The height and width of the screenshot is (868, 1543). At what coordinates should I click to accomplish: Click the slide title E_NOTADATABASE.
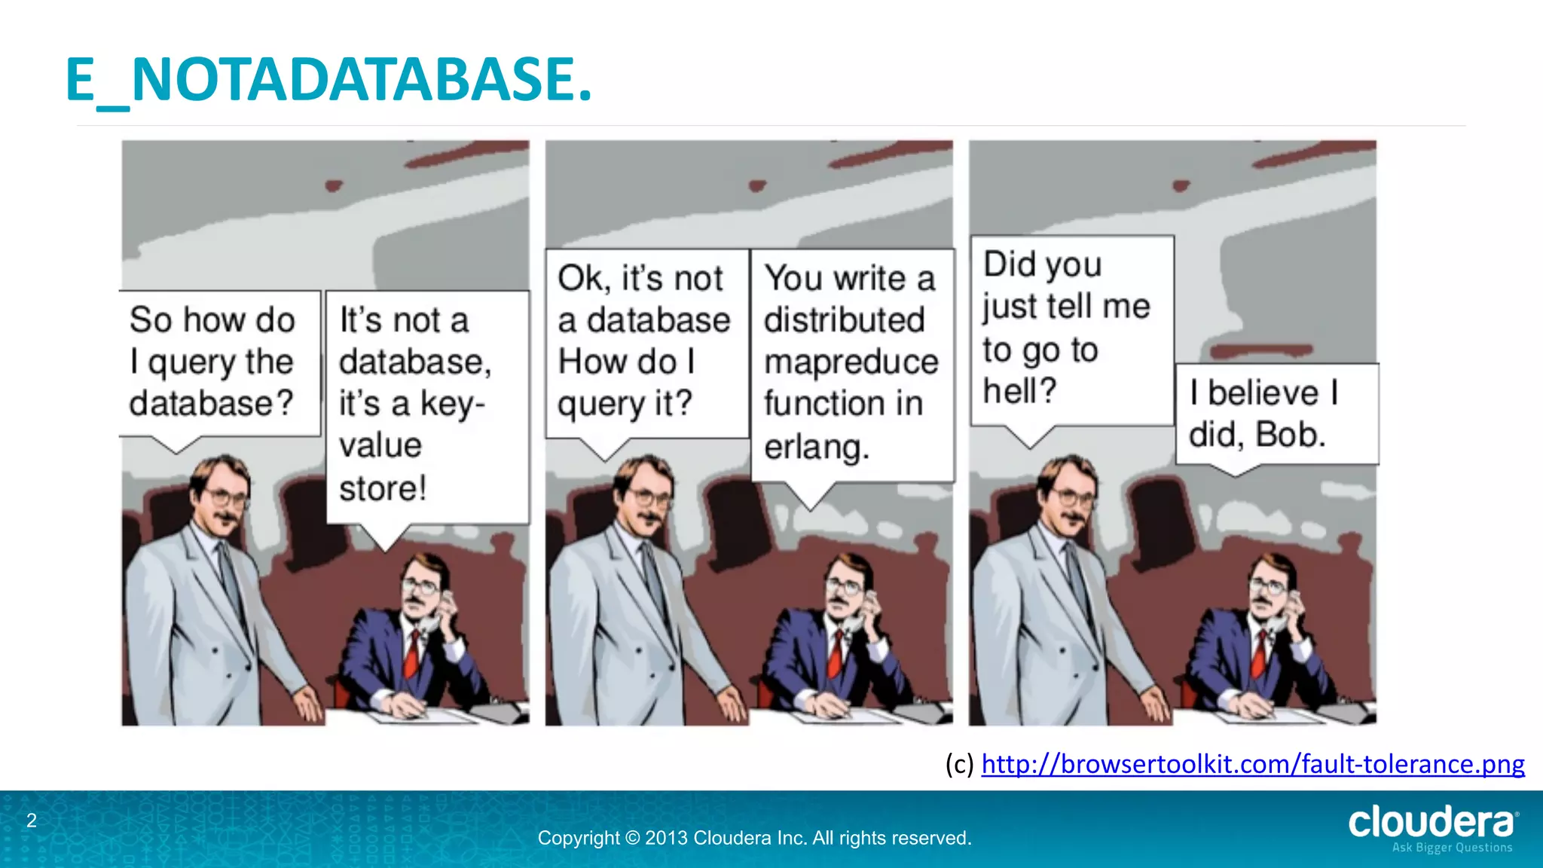coord(328,80)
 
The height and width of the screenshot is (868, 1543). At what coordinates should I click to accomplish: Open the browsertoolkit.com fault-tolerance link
coord(1252,764)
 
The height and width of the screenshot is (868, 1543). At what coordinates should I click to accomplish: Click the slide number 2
coord(32,821)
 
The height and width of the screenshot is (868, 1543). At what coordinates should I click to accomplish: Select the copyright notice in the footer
coord(754,838)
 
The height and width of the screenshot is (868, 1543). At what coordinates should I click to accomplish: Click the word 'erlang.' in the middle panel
coord(817,447)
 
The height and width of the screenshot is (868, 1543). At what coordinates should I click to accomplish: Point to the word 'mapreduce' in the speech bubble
coord(851,362)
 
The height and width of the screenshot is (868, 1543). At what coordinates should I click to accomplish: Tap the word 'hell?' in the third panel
coord(1019,391)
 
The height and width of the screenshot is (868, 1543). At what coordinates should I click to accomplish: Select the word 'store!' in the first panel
coord(383,488)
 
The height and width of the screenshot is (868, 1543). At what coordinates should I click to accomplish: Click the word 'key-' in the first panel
coord(452,404)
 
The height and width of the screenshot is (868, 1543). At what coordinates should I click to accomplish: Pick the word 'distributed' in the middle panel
coord(844,320)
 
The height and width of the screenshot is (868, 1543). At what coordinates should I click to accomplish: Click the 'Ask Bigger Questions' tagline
coord(1452,848)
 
